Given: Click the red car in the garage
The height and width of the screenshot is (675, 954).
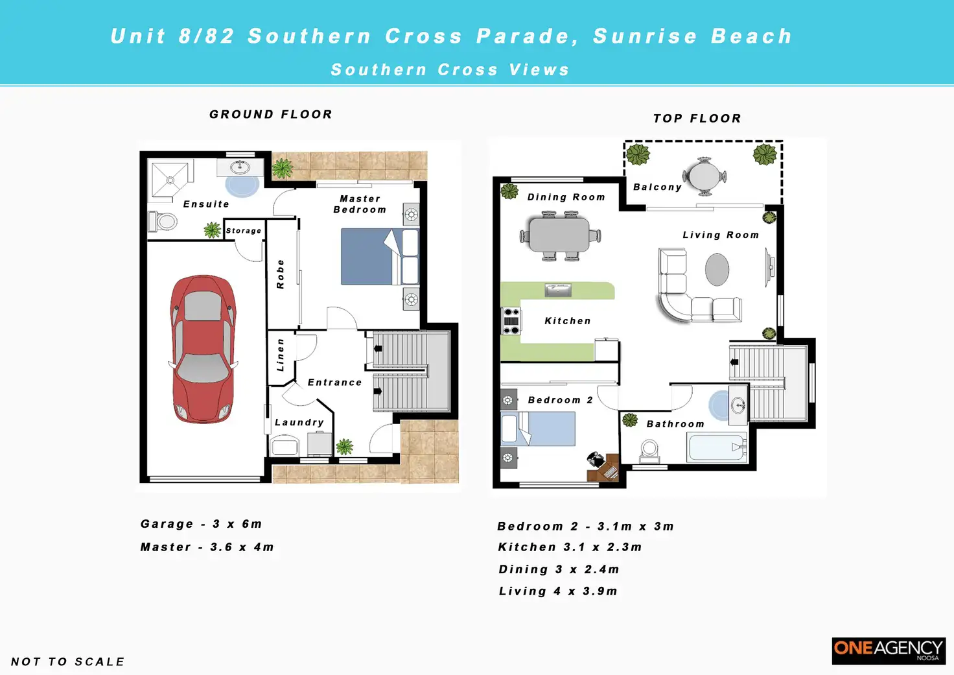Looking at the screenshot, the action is coord(203,349).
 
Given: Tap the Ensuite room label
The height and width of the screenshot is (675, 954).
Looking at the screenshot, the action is coord(206,204).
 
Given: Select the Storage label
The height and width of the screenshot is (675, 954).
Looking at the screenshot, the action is coord(243,231).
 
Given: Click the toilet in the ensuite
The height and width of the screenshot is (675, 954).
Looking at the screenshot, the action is coord(163,222).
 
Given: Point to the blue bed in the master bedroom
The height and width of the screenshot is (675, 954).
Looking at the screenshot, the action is coord(380,257).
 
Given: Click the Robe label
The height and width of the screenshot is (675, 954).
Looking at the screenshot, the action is coord(280,274).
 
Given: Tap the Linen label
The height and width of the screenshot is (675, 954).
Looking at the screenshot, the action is coord(280,355).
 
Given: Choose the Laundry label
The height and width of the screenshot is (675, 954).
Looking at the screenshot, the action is coord(299,422).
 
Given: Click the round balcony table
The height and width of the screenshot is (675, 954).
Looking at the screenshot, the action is coord(704,176).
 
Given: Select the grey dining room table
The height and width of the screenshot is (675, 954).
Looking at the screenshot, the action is coord(560,235).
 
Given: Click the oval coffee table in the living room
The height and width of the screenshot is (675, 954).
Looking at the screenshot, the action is coord(717,269).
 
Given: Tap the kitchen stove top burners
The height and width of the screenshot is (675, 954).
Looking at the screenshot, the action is coord(511,320).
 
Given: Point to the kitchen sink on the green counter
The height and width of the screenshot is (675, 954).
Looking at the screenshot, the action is coord(558,290).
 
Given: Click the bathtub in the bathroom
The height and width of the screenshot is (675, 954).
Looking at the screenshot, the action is coord(717,447).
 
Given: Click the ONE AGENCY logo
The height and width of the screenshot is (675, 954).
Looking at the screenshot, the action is coord(889,651).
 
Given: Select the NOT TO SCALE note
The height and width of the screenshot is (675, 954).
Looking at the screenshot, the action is coord(67,662).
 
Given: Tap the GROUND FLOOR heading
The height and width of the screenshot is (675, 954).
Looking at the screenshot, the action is coord(271,114).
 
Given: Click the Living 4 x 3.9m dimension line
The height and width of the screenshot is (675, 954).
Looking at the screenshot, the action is coord(558,591).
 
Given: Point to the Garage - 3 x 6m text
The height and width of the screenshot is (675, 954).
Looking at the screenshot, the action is coord(201,524).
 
